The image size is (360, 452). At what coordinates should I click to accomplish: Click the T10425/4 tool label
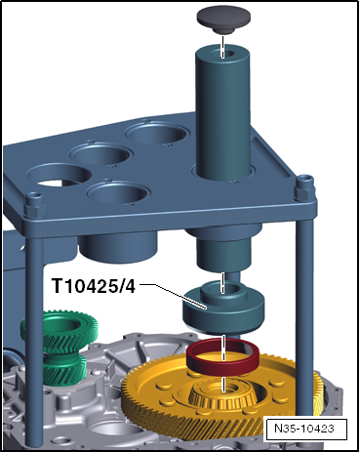pos(94,286)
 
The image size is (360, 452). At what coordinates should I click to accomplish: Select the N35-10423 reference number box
pos(304,429)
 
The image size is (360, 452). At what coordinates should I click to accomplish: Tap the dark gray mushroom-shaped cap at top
pos(223,19)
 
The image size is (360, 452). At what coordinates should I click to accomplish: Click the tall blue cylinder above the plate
pos(222,112)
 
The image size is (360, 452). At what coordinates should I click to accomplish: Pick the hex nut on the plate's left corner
pos(34,206)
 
